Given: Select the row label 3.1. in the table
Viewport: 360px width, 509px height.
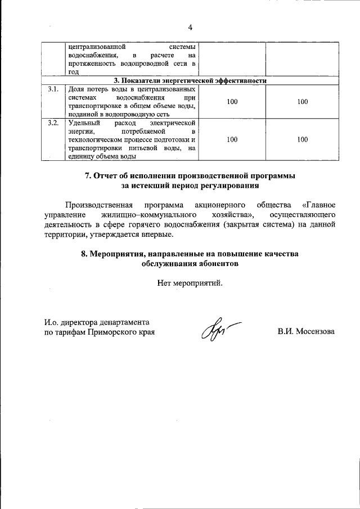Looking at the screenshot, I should click(54, 89).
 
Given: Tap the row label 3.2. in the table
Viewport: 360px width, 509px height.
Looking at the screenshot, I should click(54, 123).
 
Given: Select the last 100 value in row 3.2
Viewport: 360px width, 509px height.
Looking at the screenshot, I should click(302, 139).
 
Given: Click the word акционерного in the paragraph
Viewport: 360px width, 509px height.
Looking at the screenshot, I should click(215, 204).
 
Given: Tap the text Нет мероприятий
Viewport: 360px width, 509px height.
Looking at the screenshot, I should click(190, 283).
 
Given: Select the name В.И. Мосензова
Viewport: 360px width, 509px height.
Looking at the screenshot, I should click(305, 332).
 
